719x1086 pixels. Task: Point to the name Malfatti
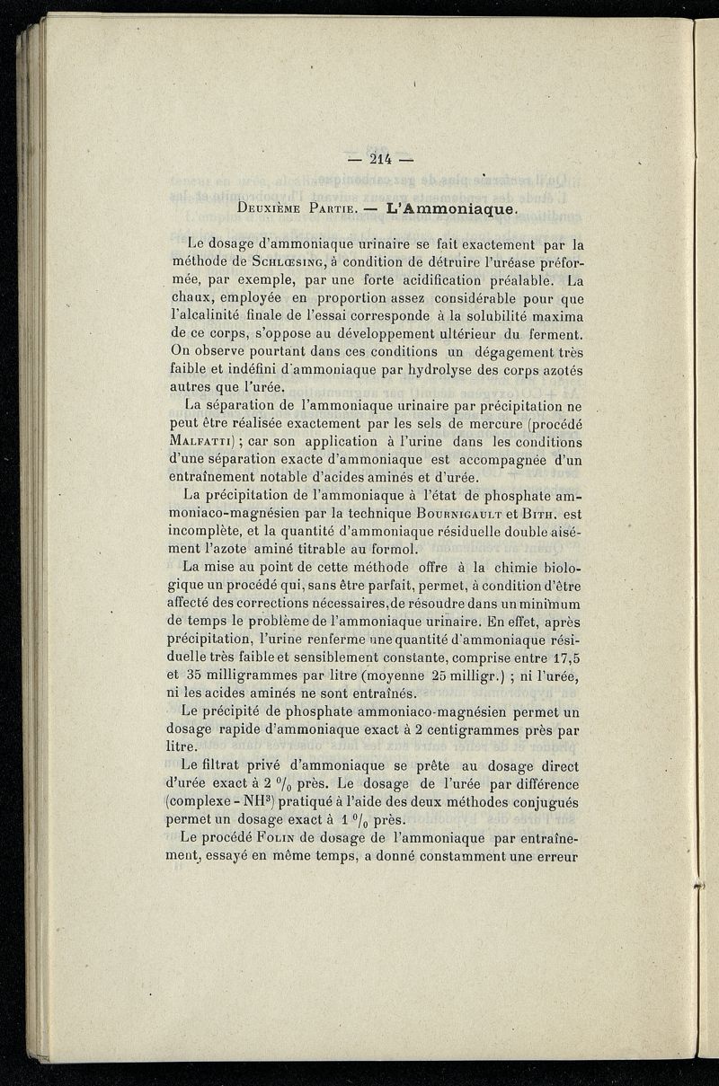(x=212, y=442)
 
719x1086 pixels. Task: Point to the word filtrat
(x=226, y=765)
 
